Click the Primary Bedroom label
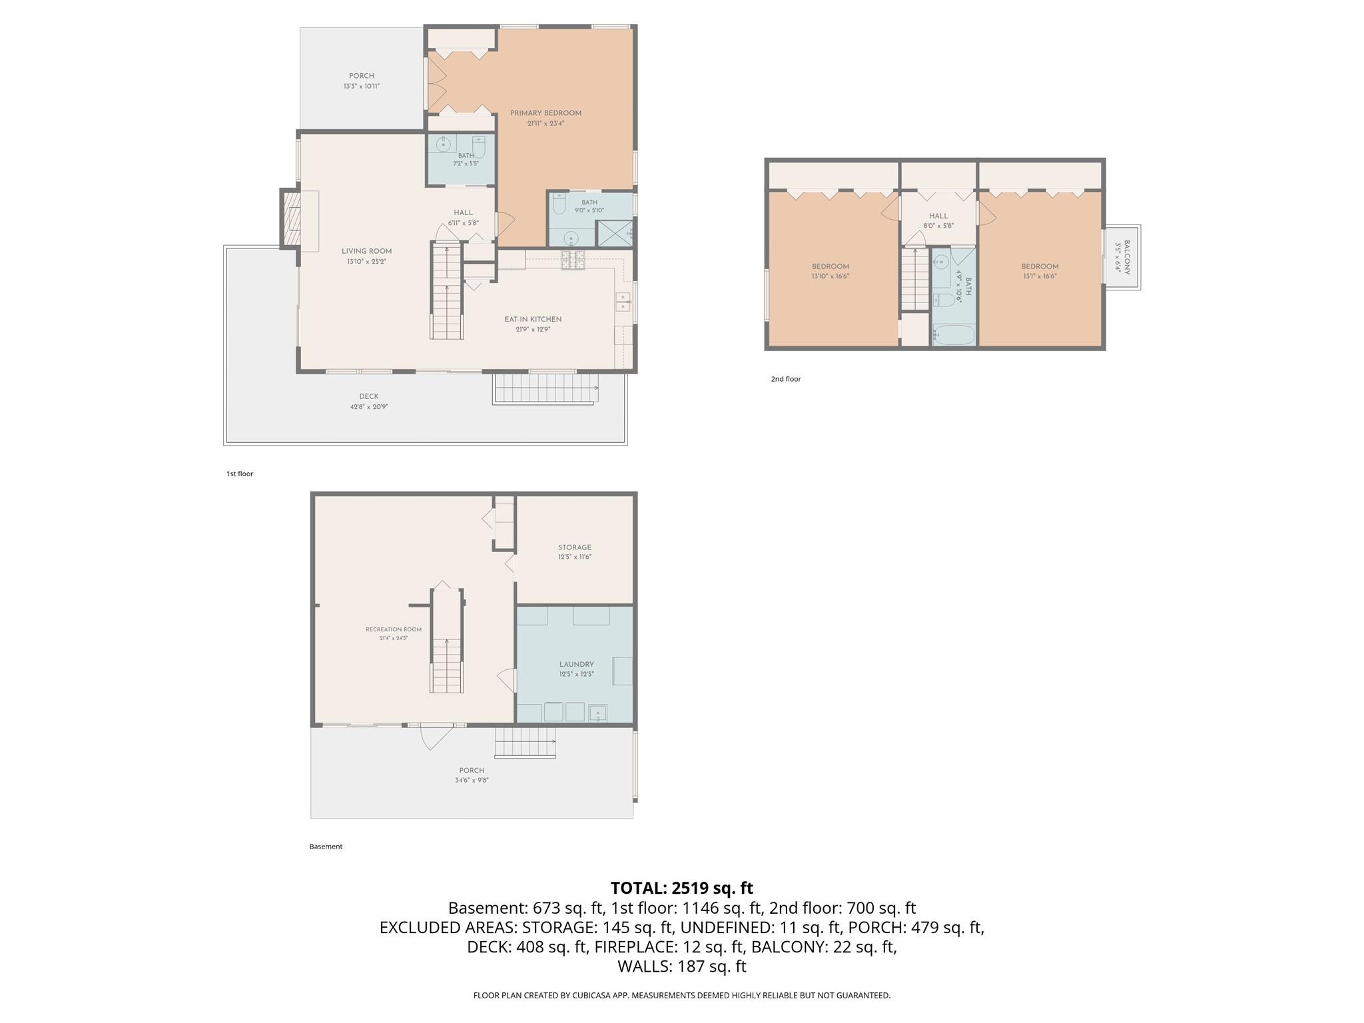(545, 113)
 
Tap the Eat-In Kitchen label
(533, 320)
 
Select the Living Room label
(367, 251)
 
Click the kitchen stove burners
(573, 260)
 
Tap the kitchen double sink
(623, 302)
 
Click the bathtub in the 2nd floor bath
(954, 335)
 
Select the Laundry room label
(577, 664)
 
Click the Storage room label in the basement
(575, 547)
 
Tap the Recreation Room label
(394, 629)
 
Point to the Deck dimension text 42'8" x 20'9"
(369, 406)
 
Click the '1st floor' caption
(240, 474)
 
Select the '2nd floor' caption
(786, 379)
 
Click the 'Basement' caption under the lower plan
(326, 847)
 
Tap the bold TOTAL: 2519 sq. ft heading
(682, 888)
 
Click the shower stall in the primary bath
(613, 233)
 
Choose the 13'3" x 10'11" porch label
(362, 86)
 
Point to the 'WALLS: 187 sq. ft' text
(682, 966)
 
